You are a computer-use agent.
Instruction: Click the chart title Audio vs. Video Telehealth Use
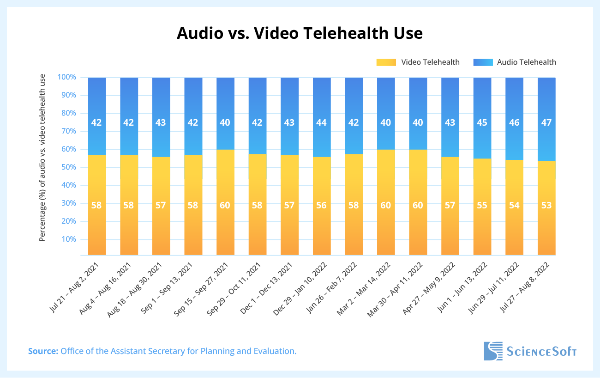point(300,33)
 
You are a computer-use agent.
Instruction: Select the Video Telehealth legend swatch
point(386,62)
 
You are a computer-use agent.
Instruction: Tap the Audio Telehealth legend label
point(526,62)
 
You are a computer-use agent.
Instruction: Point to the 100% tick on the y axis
point(66,77)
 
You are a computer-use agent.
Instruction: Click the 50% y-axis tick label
point(68,167)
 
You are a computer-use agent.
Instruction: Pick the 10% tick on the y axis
point(68,239)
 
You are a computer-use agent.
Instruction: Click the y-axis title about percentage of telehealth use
point(42,157)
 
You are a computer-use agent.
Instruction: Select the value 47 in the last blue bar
point(546,122)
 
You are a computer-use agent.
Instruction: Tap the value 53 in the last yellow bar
point(546,205)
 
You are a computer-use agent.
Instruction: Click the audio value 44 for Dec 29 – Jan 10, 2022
point(322,122)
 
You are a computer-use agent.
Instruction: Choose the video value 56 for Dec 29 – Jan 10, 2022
point(322,205)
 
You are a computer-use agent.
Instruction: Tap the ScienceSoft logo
point(530,351)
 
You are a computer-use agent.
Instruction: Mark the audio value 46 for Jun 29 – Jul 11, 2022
point(514,122)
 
